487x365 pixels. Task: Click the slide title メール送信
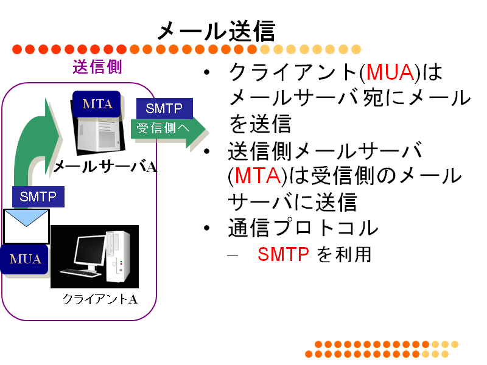(x=216, y=31)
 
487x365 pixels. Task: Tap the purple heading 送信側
(x=97, y=67)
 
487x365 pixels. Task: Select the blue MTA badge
(x=97, y=104)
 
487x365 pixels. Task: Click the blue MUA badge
(x=25, y=259)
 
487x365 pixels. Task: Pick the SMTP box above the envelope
(x=38, y=196)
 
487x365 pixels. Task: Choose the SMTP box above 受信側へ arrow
(x=164, y=108)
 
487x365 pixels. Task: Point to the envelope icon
(x=26, y=226)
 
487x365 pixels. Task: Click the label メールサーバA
(x=105, y=167)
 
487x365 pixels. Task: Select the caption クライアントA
(x=100, y=299)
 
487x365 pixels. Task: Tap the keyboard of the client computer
(x=80, y=273)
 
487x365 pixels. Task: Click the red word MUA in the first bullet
(x=390, y=72)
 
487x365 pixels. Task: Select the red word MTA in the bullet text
(x=258, y=176)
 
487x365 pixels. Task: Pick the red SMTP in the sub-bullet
(x=283, y=254)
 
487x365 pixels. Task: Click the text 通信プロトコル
(x=303, y=228)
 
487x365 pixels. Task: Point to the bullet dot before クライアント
(x=207, y=72)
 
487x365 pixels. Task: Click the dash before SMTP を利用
(x=233, y=255)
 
